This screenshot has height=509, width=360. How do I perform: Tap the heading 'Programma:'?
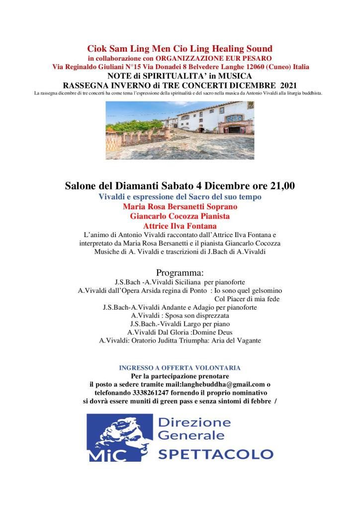[x=180, y=272]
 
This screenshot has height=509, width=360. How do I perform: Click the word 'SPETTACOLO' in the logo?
[x=215, y=453]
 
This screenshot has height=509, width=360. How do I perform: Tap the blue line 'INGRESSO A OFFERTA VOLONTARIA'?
[x=180, y=368]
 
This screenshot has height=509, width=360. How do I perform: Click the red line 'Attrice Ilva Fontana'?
[x=180, y=226]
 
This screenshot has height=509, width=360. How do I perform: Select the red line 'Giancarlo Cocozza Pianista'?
[x=180, y=216]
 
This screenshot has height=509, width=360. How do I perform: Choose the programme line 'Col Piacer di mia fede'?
[x=247, y=299]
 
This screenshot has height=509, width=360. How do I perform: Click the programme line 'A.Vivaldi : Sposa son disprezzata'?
[x=180, y=316]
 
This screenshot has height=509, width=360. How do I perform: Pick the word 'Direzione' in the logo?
[x=194, y=423]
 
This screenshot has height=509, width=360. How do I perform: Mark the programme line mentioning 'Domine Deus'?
[x=180, y=332]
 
